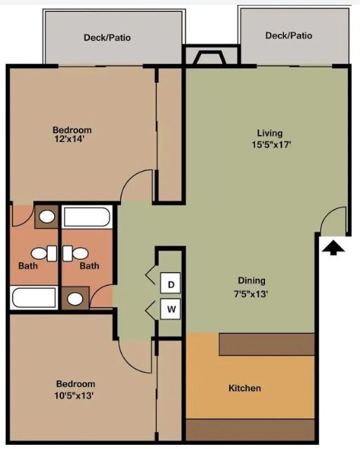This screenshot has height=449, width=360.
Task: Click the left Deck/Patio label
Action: pyautogui.click(x=107, y=37)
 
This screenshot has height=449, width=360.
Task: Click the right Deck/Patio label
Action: pyautogui.click(x=288, y=35)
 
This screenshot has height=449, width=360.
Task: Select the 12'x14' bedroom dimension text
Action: pyautogui.click(x=72, y=139)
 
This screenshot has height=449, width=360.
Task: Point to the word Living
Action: pyautogui.click(x=269, y=132)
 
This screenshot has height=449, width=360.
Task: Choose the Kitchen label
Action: pyautogui.click(x=245, y=388)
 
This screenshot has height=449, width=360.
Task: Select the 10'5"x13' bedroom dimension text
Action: pyautogui.click(x=75, y=395)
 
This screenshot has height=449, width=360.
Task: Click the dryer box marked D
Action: pyautogui.click(x=172, y=284)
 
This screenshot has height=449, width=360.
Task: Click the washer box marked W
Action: pyautogui.click(x=172, y=308)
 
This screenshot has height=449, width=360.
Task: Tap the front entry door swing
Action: pyautogui.click(x=334, y=221)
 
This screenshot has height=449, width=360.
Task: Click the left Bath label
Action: pyautogui.click(x=27, y=265)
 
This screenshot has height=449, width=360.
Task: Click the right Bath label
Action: pyautogui.click(x=89, y=265)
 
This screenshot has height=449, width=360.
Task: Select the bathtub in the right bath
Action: pyautogui.click(x=86, y=216)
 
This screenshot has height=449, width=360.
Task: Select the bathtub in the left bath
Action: pyautogui.click(x=34, y=297)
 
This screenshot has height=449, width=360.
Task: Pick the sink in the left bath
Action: pyautogui.click(x=46, y=217)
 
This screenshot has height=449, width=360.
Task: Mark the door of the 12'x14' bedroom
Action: pyautogui.click(x=138, y=186)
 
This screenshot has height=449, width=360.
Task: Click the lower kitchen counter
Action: pyautogui.click(x=250, y=429)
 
